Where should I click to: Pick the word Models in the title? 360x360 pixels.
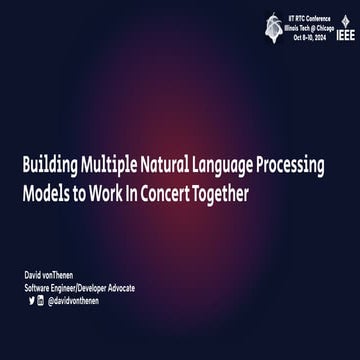[48, 193]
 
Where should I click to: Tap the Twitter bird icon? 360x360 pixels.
[30, 299]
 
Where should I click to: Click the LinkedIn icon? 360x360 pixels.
[40, 299]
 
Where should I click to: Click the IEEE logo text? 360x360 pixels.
[346, 31]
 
